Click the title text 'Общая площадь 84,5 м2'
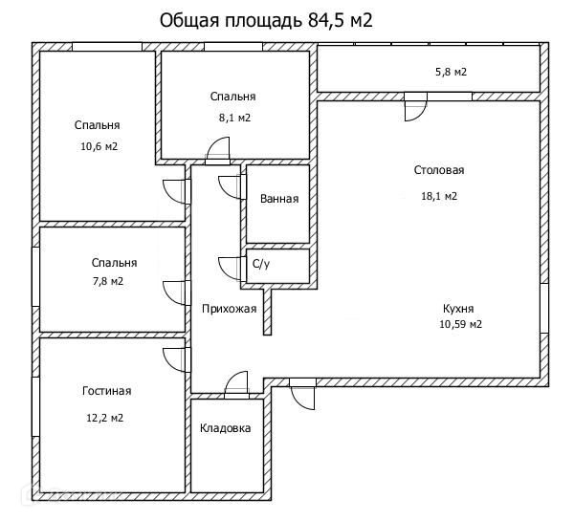264,21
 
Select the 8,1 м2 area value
233,118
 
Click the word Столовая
439,170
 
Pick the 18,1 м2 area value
439,196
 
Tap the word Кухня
458,308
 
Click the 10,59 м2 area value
459,324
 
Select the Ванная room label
279,200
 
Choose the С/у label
261,265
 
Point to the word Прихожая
229,308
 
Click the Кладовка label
226,427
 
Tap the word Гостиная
106,391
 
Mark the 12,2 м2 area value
106,418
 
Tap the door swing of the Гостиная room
175,358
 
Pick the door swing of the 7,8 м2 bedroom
175,292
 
